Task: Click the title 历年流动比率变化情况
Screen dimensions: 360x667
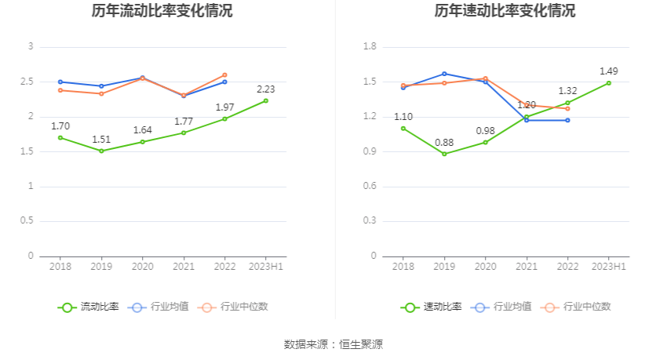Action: (x=162, y=11)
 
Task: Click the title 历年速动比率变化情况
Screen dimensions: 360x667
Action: (x=505, y=11)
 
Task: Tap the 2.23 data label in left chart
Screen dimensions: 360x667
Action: (x=265, y=89)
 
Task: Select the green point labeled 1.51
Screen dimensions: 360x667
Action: (x=101, y=151)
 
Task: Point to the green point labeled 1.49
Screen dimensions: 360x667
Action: (x=608, y=83)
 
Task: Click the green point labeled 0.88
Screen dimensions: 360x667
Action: (x=444, y=154)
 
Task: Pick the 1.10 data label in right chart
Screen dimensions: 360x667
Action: (x=403, y=117)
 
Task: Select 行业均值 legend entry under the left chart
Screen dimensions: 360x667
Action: (x=158, y=307)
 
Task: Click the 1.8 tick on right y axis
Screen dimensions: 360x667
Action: (x=370, y=47)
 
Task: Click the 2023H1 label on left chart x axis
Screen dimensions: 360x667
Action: (x=265, y=267)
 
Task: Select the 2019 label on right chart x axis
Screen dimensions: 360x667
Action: (x=444, y=267)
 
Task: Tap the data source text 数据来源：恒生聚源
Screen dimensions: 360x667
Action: (x=333, y=344)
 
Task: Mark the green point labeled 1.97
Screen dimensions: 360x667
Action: (x=224, y=118)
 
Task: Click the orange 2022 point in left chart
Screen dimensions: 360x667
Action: (x=224, y=75)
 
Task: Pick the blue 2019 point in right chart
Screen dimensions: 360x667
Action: (x=444, y=74)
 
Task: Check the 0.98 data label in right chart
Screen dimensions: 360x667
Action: (x=485, y=131)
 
